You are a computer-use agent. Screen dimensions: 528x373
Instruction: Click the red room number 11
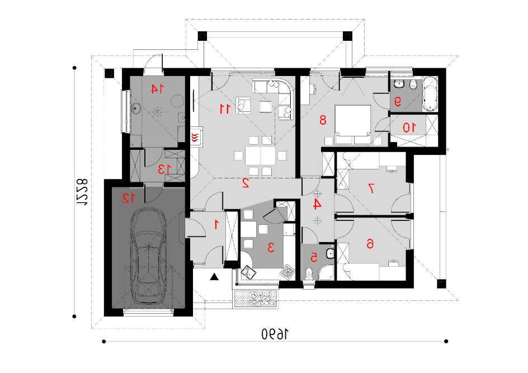coord(225,108)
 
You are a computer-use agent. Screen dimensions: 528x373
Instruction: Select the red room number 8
coord(323,120)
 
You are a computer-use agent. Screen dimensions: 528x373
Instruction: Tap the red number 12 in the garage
coord(129,198)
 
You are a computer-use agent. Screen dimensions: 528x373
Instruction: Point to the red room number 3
coord(271,247)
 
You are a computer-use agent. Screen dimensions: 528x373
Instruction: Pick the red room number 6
coord(370,243)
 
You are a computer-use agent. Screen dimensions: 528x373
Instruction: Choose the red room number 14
coord(157,89)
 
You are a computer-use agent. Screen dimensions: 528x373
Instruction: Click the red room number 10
coord(409,128)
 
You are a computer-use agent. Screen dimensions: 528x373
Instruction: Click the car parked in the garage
coord(148,256)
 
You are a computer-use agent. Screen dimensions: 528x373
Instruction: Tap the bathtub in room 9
coord(430,94)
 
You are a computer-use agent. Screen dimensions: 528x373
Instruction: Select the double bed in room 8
coord(353,125)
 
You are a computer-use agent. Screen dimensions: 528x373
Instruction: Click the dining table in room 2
coord(260,155)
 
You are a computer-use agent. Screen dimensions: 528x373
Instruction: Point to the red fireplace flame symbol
coord(195,137)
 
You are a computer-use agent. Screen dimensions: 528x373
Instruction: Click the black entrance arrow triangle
coord(215,277)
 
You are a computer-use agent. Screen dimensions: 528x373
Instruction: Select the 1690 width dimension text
coord(275,334)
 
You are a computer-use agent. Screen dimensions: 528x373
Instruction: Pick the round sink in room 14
coord(136,108)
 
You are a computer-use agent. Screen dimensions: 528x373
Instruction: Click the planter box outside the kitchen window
coord(255,298)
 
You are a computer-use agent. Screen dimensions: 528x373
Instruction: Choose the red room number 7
coord(371,188)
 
